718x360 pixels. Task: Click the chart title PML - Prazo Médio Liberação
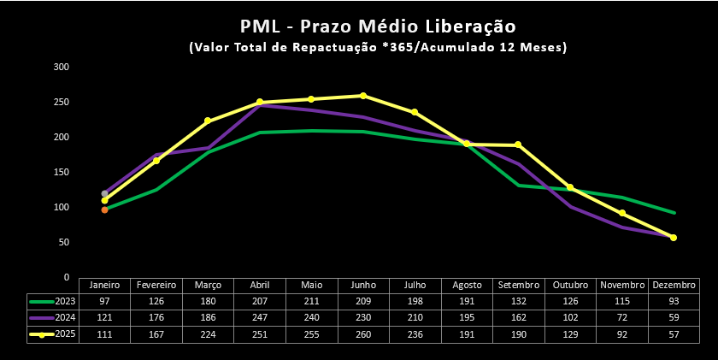point(377,26)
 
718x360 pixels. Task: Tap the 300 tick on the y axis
point(61,67)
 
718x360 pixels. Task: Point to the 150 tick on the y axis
point(61,172)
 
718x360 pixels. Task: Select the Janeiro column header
point(104,285)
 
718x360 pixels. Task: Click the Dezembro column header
point(674,285)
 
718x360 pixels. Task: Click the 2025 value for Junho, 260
point(363,334)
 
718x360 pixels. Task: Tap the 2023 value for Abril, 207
point(260,301)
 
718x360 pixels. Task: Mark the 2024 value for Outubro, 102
point(570,318)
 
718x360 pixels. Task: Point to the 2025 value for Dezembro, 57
point(674,334)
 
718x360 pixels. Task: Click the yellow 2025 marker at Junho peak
point(363,96)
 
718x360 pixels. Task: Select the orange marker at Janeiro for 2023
point(104,210)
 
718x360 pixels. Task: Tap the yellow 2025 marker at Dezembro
point(674,238)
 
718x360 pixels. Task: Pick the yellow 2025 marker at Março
point(208,121)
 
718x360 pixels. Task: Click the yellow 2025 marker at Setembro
point(518,145)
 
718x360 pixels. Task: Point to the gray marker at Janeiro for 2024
point(104,193)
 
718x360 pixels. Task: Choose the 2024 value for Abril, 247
point(260,318)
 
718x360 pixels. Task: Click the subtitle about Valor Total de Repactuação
point(377,48)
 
